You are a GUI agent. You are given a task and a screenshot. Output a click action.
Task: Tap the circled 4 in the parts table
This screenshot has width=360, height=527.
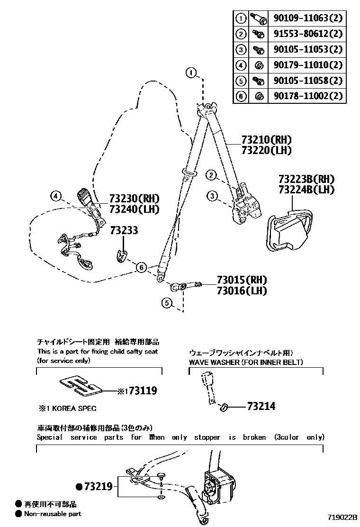point(241,65)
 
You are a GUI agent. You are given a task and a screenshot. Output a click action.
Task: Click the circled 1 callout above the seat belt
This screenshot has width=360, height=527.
point(191,73)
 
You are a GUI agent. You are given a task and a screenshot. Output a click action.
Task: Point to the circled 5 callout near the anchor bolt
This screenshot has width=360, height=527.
point(166,302)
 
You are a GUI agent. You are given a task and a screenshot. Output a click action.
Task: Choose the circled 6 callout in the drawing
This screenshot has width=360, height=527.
point(141,268)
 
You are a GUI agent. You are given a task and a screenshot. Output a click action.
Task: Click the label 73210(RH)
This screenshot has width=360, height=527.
point(266,140)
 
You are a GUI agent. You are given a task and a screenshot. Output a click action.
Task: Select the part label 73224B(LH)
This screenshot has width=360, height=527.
point(306,190)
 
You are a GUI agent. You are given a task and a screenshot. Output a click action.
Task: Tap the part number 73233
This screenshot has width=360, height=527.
point(124,230)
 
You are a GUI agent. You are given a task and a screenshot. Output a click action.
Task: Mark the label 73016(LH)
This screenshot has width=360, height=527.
point(242,291)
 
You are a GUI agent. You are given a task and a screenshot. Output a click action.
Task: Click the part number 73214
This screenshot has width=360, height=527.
point(261,406)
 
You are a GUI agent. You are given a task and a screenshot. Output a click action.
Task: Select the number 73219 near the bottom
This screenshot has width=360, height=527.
point(98,486)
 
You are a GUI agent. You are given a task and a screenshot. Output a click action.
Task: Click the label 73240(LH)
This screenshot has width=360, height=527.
point(134,209)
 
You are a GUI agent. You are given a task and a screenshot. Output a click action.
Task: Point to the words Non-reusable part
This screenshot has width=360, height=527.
point(53,513)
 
